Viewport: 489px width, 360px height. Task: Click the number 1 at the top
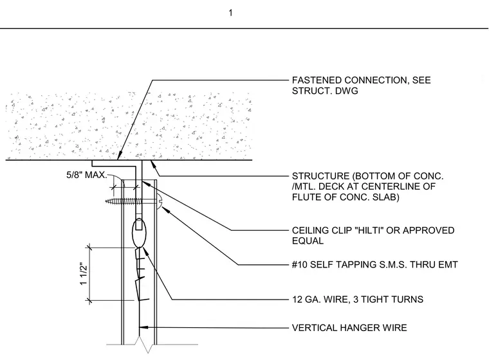pyautogui.click(x=230, y=13)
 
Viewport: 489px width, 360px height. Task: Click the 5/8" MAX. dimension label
pyautogui.click(x=87, y=175)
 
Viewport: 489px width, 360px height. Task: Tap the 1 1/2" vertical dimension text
pyautogui.click(x=83, y=274)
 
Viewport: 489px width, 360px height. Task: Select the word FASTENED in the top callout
pyautogui.click(x=317, y=80)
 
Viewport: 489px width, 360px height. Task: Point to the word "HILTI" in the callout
pyautogui.click(x=367, y=230)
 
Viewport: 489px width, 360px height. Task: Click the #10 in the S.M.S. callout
pyautogui.click(x=300, y=265)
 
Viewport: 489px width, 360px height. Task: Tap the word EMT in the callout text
pyautogui.click(x=448, y=265)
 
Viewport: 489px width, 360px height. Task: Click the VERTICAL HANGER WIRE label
pyautogui.click(x=349, y=328)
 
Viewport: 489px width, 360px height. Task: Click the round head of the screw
pyautogui.click(x=159, y=201)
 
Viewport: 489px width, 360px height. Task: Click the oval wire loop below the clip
pyautogui.click(x=140, y=233)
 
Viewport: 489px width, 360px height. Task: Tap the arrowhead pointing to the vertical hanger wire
pyautogui.click(x=143, y=328)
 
